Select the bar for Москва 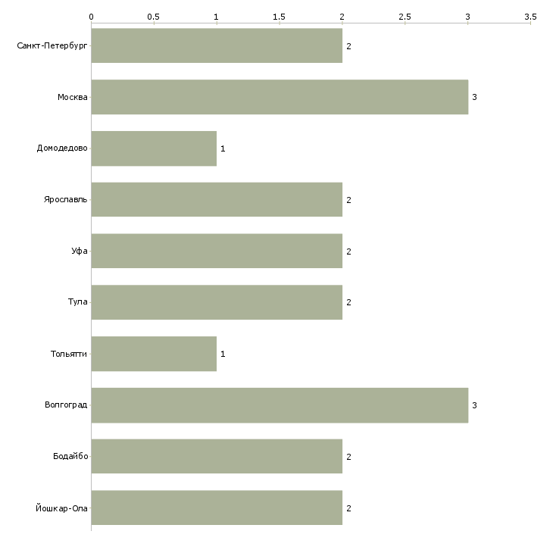coord(280,97)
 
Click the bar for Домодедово coord(154,148)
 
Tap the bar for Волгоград coord(280,405)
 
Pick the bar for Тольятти coord(154,354)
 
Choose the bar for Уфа coord(217,251)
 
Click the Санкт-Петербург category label coord(52,46)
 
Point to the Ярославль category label coord(65,200)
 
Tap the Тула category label coord(77,302)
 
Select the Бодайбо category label coord(70,456)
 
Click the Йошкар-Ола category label coord(61,508)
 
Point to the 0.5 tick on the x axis coord(154,23)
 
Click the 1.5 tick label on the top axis coord(279,17)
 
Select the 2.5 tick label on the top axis coord(405,17)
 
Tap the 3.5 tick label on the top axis coord(530,17)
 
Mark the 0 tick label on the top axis coord(92,17)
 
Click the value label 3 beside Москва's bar coord(474,97)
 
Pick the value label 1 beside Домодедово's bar coord(223,148)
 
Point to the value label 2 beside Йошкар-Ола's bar coord(348,508)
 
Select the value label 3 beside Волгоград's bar coord(474,405)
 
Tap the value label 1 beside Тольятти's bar coord(223,354)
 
